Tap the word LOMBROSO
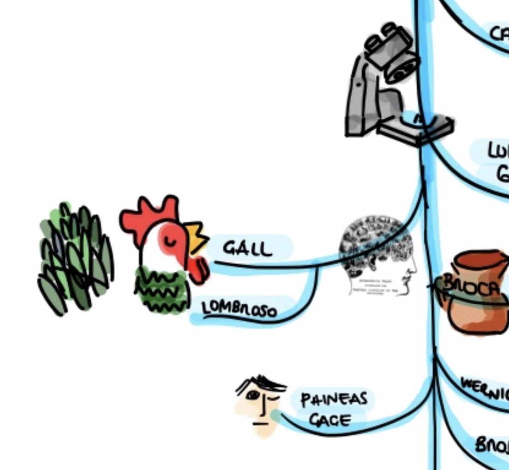pyautogui.click(x=240, y=310)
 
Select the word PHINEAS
pyautogui.click(x=334, y=399)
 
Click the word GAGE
pyautogui.click(x=329, y=420)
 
